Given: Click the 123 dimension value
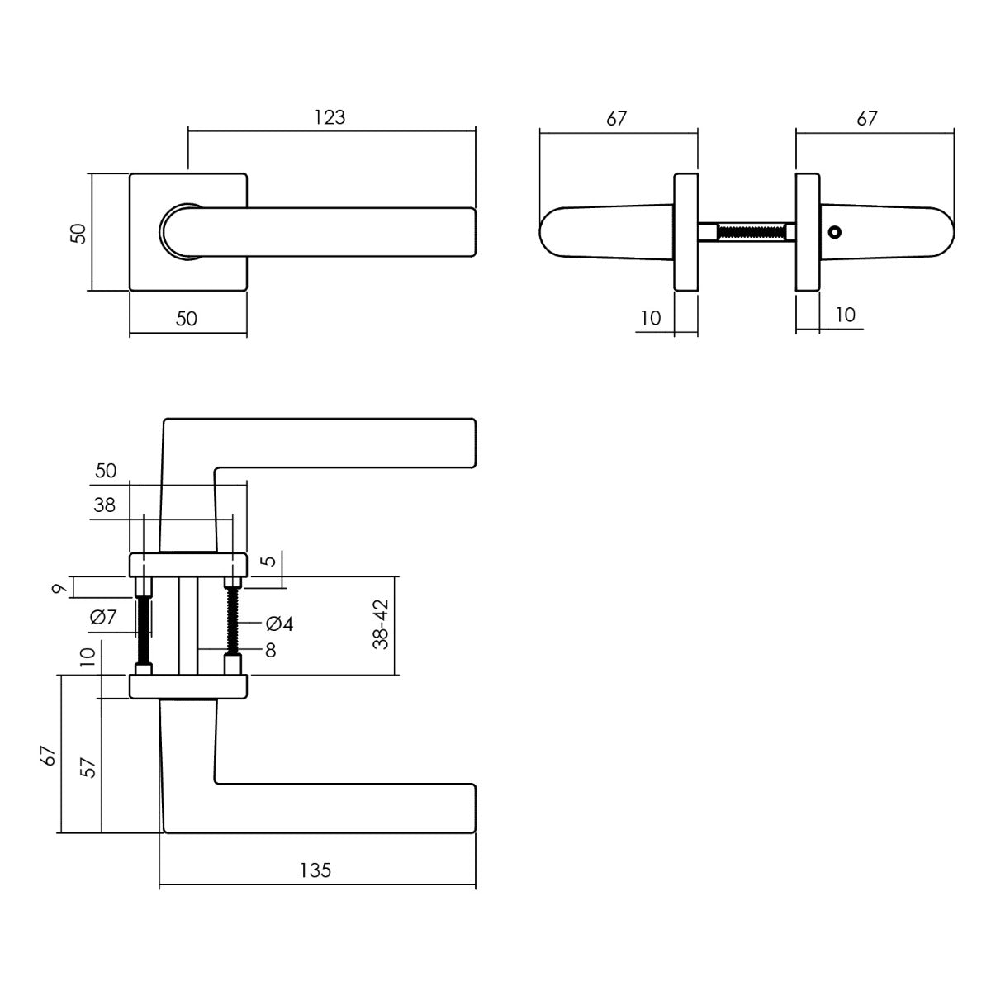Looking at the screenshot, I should click(330, 117).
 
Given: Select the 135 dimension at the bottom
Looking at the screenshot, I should click(315, 870).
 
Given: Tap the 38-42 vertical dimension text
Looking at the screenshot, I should click(381, 625).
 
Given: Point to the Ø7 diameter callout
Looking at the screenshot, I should click(105, 616).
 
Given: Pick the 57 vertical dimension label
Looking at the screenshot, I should click(88, 768).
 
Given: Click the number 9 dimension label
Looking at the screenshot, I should click(57, 589).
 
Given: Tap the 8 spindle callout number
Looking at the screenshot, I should click(270, 651).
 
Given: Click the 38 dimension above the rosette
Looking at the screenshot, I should click(105, 505).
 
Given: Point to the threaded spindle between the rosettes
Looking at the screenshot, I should click(751, 232).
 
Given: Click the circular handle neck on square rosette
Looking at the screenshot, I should click(181, 230).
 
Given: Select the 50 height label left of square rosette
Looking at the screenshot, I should click(78, 233).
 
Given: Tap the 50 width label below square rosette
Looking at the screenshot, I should click(187, 319).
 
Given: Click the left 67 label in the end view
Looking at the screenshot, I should click(616, 118).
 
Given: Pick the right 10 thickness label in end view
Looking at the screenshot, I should click(845, 315).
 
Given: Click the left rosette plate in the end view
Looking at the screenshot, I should click(686, 232).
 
